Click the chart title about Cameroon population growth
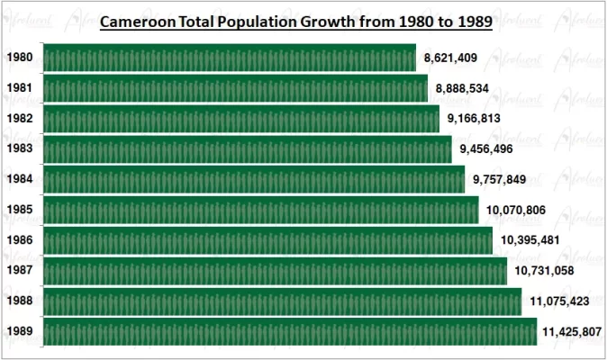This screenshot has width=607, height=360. click(x=295, y=22)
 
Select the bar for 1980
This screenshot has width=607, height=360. click(x=229, y=58)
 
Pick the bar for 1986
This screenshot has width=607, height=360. click(x=267, y=241)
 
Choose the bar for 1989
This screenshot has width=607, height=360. click(x=288, y=332)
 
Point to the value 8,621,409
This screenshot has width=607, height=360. click(x=450, y=58)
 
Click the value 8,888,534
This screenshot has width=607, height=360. click(x=462, y=89)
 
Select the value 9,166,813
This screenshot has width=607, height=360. click(x=474, y=119)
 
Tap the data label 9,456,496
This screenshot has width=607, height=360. click(x=486, y=149)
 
